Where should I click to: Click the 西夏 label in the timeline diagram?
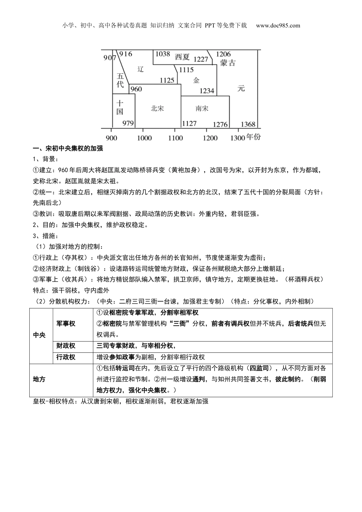182,57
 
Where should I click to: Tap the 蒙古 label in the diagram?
227,63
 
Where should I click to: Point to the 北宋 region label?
157,108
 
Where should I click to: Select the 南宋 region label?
202,108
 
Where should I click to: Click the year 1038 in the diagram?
162,54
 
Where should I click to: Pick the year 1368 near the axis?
248,124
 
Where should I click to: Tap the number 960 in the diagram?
136,89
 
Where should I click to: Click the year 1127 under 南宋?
189,123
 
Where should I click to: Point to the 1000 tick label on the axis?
144,138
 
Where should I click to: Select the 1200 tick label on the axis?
210,138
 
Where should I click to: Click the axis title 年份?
253,137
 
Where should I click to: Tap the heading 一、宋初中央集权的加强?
68,148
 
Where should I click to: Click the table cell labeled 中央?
39,335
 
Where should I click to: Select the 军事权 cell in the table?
66,323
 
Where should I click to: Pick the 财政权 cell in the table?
66,346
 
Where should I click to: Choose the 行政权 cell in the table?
66,357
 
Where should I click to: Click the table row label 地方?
39,379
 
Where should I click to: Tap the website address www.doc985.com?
278,26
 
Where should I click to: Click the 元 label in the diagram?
241,88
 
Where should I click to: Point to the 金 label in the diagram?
196,80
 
